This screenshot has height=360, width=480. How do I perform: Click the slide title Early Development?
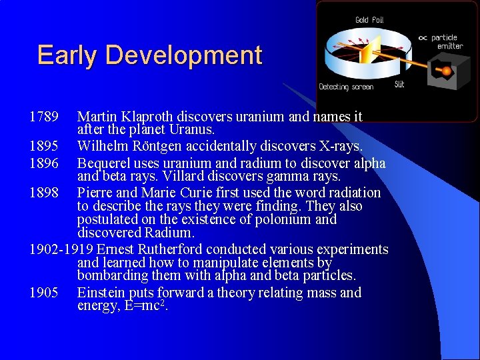[149, 55]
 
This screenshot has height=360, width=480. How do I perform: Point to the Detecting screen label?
[346, 87]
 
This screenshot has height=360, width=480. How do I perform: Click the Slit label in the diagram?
[399, 84]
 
